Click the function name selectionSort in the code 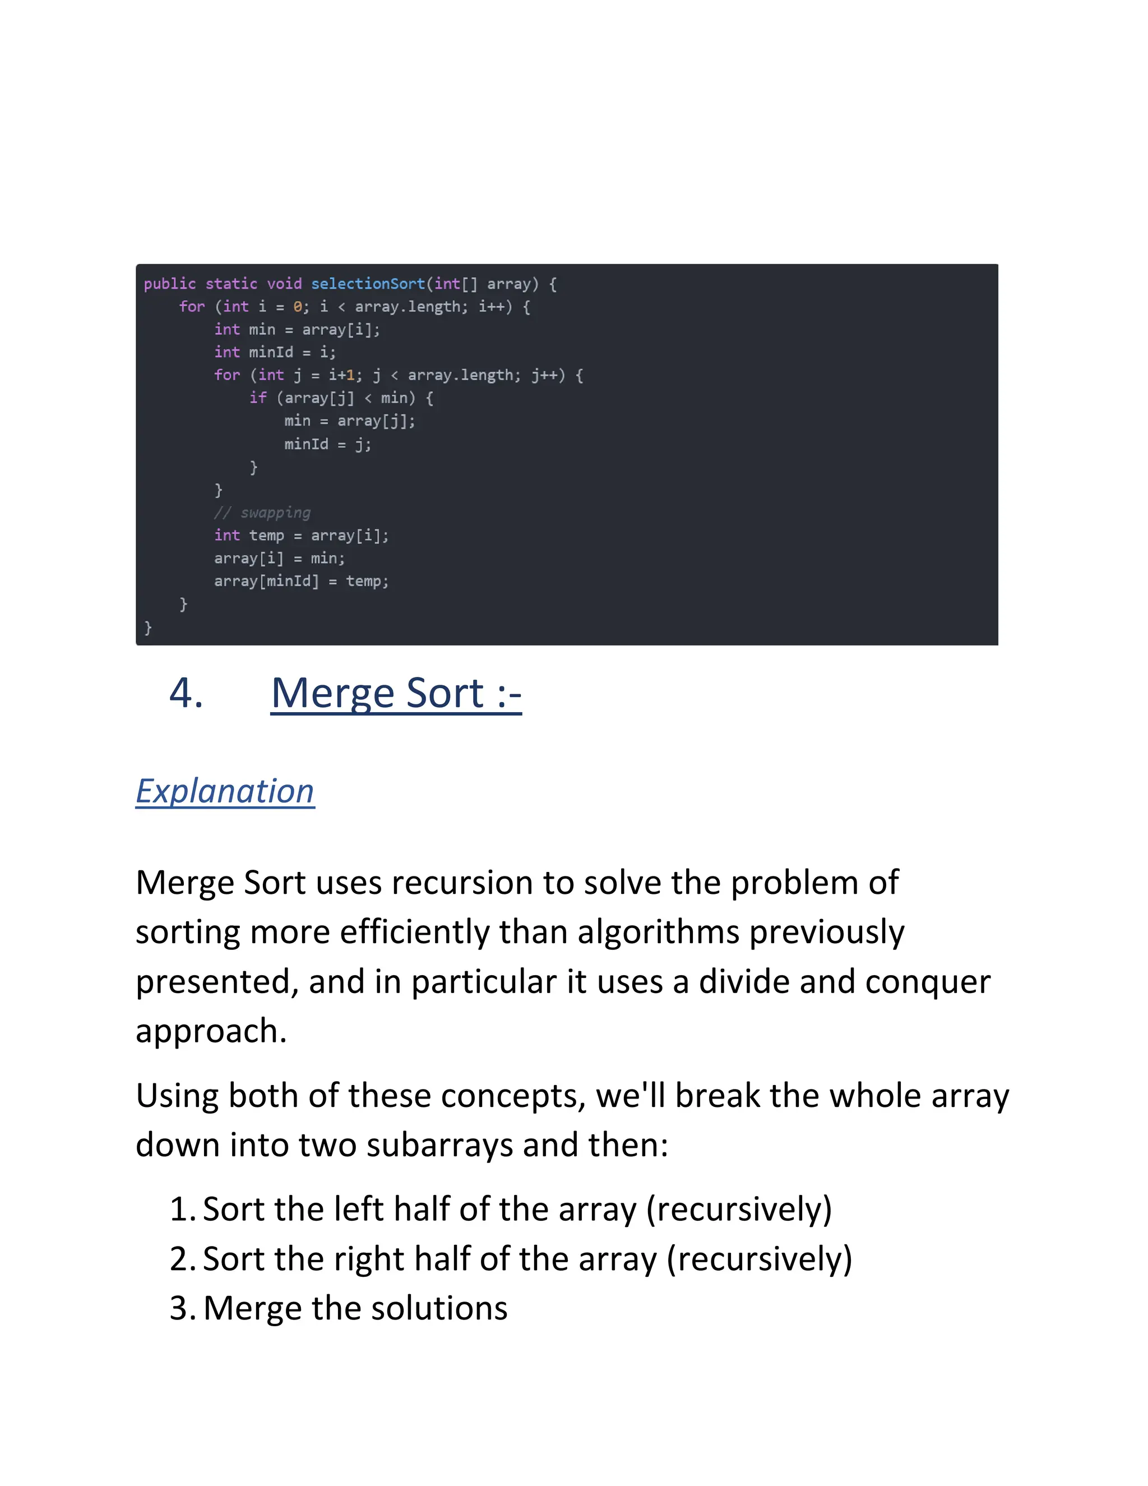(x=368, y=284)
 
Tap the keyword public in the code (x=169, y=284)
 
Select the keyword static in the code (x=232, y=284)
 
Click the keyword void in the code (x=284, y=284)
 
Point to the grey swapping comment (x=262, y=513)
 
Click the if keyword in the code (x=258, y=398)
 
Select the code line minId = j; (x=328, y=444)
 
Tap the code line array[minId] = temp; (x=301, y=581)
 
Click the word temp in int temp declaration (x=266, y=536)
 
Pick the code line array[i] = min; (x=280, y=559)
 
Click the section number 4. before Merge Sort (x=186, y=693)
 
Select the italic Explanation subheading (x=225, y=791)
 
